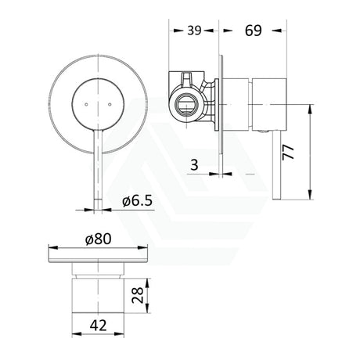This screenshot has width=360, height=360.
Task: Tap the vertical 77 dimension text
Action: click(x=291, y=151)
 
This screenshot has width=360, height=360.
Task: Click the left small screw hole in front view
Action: click(x=81, y=103)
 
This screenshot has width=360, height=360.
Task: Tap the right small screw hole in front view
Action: click(x=119, y=103)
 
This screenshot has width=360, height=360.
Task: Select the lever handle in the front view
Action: click(x=99, y=157)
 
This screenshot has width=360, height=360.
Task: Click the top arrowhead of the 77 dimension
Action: click(x=312, y=77)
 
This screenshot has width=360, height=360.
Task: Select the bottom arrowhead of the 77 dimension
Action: click(x=312, y=197)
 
